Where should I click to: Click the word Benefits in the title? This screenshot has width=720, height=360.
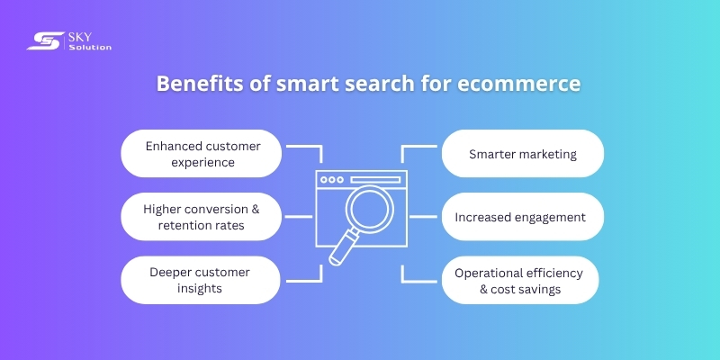[192, 84]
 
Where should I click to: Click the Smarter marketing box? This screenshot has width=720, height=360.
[522, 153]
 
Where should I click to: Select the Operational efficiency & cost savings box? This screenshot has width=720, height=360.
[519, 280]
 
